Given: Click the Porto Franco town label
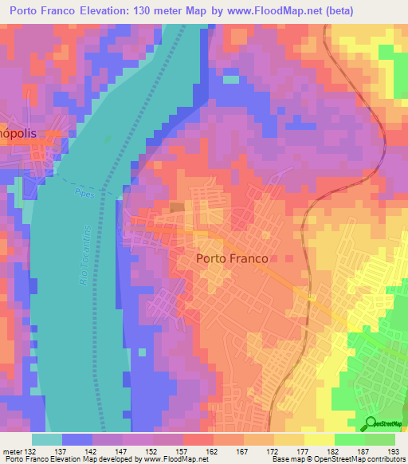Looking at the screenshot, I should click(232, 258).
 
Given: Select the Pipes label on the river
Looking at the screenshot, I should click(84, 193).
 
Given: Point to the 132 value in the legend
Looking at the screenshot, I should click(31, 452).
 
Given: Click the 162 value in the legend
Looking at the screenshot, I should click(213, 452).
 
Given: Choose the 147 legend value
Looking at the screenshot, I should click(122, 452).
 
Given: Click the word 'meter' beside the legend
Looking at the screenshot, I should click(12, 452).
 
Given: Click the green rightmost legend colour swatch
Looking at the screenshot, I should click(380, 439).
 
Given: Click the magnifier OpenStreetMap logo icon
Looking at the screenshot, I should click(371, 423).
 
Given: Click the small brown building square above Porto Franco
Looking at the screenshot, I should click(176, 208).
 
